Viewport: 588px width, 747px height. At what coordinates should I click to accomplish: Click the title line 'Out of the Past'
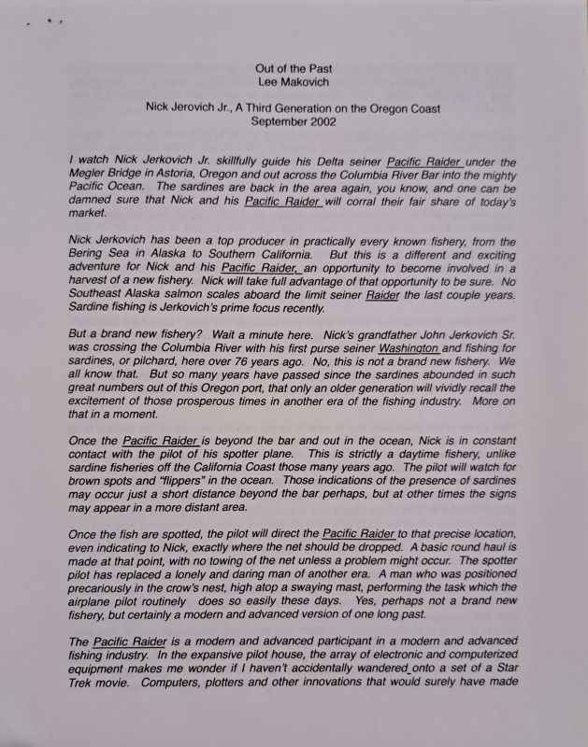(x=294, y=68)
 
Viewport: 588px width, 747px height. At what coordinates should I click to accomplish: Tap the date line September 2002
(x=293, y=120)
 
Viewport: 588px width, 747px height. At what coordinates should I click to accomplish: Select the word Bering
(x=91, y=255)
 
